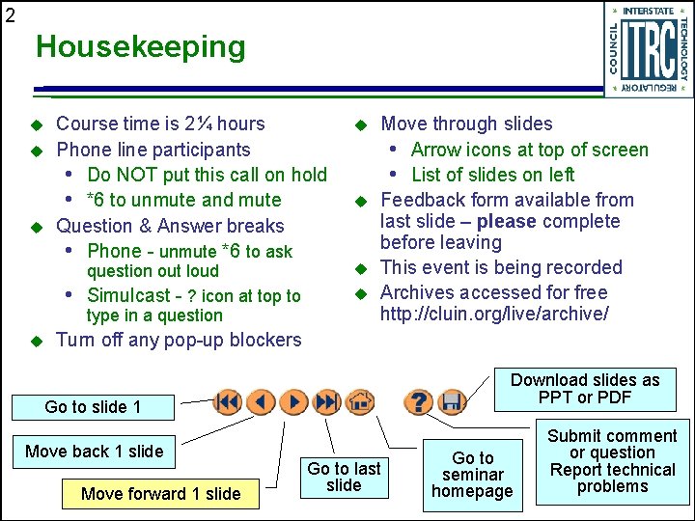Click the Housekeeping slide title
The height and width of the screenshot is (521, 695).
(141, 46)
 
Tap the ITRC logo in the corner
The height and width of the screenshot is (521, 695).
(648, 49)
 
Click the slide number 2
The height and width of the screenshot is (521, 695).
(10, 14)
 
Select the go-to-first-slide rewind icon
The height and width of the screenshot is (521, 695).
(228, 401)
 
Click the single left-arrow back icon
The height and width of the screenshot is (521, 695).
(261, 401)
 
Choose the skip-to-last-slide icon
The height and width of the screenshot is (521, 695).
(327, 401)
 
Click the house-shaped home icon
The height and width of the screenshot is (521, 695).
(359, 401)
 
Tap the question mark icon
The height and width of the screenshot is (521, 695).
(418, 401)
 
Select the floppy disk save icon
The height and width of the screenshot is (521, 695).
(452, 401)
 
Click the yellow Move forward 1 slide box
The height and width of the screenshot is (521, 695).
(161, 493)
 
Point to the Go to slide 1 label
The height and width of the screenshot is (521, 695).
(93, 407)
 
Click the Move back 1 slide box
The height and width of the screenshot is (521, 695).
(95, 452)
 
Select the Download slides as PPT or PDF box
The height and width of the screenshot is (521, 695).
(585, 389)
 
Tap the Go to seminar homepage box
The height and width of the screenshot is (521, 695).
(473, 475)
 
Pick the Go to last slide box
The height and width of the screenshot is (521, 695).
(344, 477)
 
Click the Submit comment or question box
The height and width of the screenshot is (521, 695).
(612, 461)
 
